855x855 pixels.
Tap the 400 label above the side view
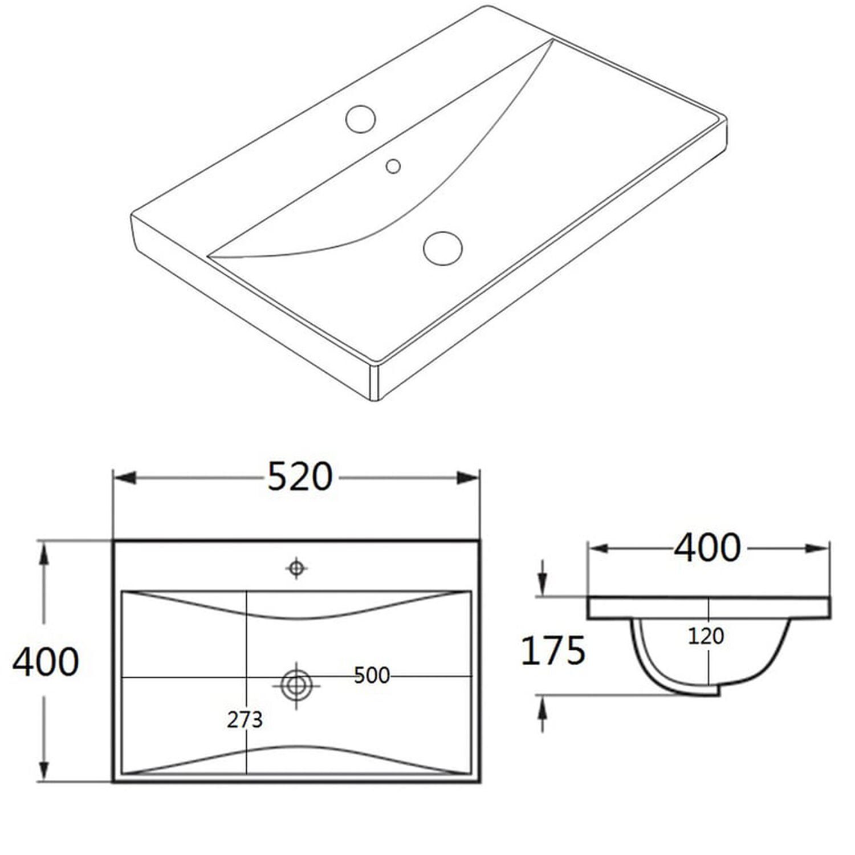(707, 547)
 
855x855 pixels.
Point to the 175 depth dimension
(553, 650)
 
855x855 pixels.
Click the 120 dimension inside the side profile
(706, 636)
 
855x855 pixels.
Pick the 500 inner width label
(372, 675)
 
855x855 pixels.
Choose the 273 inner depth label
(245, 720)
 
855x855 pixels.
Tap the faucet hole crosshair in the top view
(296, 568)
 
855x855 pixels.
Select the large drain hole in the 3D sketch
(443, 248)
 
